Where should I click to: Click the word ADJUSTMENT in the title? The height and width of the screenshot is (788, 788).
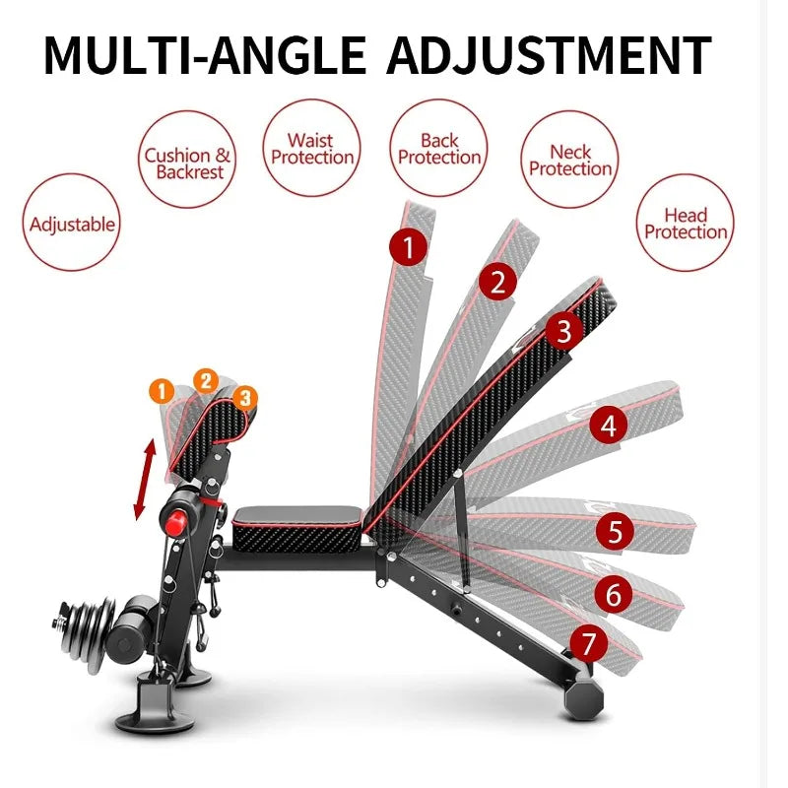(548, 55)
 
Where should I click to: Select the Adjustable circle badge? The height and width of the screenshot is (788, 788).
(72, 224)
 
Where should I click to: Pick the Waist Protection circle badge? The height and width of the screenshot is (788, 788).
(312, 150)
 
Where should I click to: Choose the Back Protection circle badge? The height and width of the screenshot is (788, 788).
(439, 150)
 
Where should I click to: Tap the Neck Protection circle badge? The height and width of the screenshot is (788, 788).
(569, 161)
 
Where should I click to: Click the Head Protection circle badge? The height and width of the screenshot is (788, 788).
(686, 224)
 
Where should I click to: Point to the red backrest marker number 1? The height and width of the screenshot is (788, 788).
(408, 246)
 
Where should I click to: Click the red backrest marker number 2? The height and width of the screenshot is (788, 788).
(497, 283)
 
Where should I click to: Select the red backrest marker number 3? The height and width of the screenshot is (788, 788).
(562, 331)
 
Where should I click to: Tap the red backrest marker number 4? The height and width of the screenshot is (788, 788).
(608, 426)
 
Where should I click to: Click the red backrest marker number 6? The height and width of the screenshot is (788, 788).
(613, 595)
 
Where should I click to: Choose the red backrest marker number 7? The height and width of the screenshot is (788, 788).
(588, 644)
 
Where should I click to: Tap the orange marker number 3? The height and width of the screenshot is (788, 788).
(246, 397)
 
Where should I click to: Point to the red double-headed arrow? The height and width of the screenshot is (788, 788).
(145, 480)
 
